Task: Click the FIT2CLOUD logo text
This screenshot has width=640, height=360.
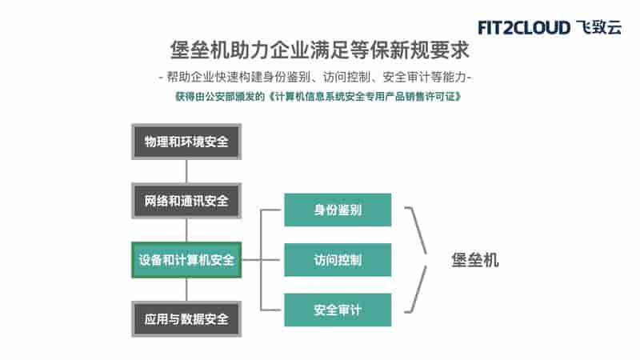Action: click(x=524, y=28)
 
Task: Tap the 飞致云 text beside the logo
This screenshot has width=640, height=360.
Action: click(x=599, y=27)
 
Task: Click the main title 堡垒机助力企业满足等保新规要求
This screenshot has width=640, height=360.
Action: click(x=319, y=50)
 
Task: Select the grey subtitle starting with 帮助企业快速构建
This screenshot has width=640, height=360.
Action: click(x=315, y=77)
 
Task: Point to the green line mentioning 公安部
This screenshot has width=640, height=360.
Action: click(x=318, y=97)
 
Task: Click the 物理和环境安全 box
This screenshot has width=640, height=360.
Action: click(x=186, y=142)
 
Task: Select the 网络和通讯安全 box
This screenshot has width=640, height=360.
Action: click(x=186, y=201)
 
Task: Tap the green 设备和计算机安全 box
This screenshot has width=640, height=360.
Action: click(x=186, y=260)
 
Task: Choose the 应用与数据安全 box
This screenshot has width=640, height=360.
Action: click(x=186, y=319)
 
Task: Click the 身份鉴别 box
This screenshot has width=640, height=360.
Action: click(x=338, y=210)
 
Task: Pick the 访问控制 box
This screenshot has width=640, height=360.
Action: click(x=338, y=260)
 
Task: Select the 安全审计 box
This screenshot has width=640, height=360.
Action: click(x=338, y=310)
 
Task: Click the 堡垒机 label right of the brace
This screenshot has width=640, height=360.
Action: click(x=475, y=260)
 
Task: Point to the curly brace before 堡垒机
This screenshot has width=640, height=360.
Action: click(x=426, y=259)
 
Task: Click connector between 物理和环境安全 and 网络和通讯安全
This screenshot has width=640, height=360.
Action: click(x=186, y=171)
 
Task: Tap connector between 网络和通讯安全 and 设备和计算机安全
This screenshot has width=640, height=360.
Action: click(x=186, y=230)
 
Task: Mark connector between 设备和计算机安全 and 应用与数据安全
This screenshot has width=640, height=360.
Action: click(x=186, y=290)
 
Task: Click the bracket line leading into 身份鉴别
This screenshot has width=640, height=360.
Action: click(x=271, y=210)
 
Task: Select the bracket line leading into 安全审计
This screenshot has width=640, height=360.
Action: click(x=271, y=310)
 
